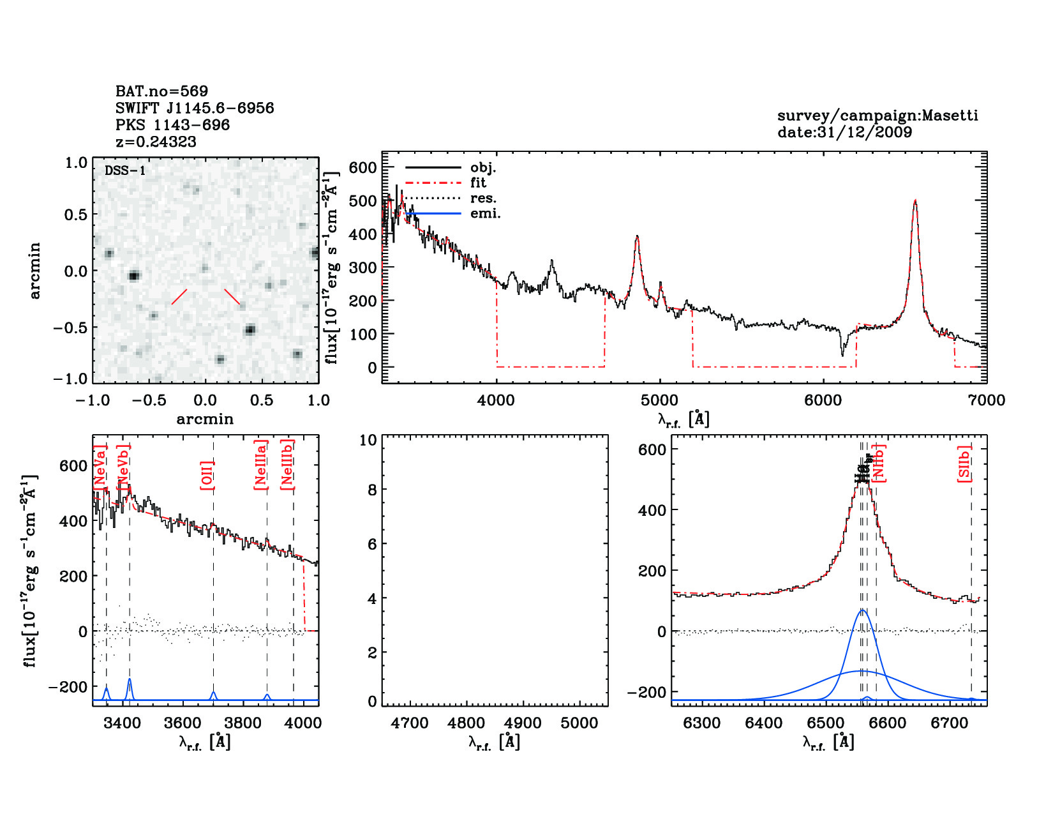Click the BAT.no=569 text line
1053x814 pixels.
coord(161,91)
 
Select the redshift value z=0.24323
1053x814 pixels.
coord(156,142)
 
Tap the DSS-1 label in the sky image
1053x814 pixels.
coord(125,170)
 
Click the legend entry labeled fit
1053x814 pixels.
coord(478,183)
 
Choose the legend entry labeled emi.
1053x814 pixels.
coord(485,213)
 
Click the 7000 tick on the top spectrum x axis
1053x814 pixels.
coord(986,400)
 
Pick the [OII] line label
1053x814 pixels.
coord(207,474)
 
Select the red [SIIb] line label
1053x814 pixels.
coord(964,464)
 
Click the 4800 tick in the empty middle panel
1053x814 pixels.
coord(467,723)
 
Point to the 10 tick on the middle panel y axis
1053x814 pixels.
coord(368,440)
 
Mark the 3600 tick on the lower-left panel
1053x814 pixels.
coord(183,723)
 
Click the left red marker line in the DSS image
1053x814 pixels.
coord(179,297)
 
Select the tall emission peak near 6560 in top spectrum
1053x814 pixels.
coord(915,202)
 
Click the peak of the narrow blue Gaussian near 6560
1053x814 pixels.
coord(863,610)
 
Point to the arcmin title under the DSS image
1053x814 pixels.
coord(205,419)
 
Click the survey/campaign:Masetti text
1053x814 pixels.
coord(877,116)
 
